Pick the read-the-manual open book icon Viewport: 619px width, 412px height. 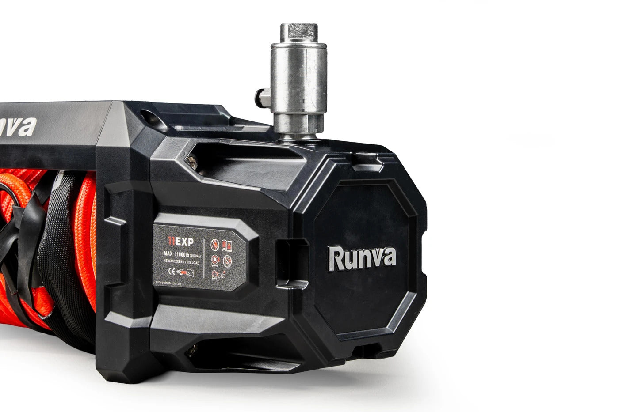pyautogui.click(x=226, y=245)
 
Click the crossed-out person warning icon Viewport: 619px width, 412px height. pyautogui.click(x=215, y=244)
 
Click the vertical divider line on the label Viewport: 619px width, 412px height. pyautogui.click(x=204, y=258)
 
